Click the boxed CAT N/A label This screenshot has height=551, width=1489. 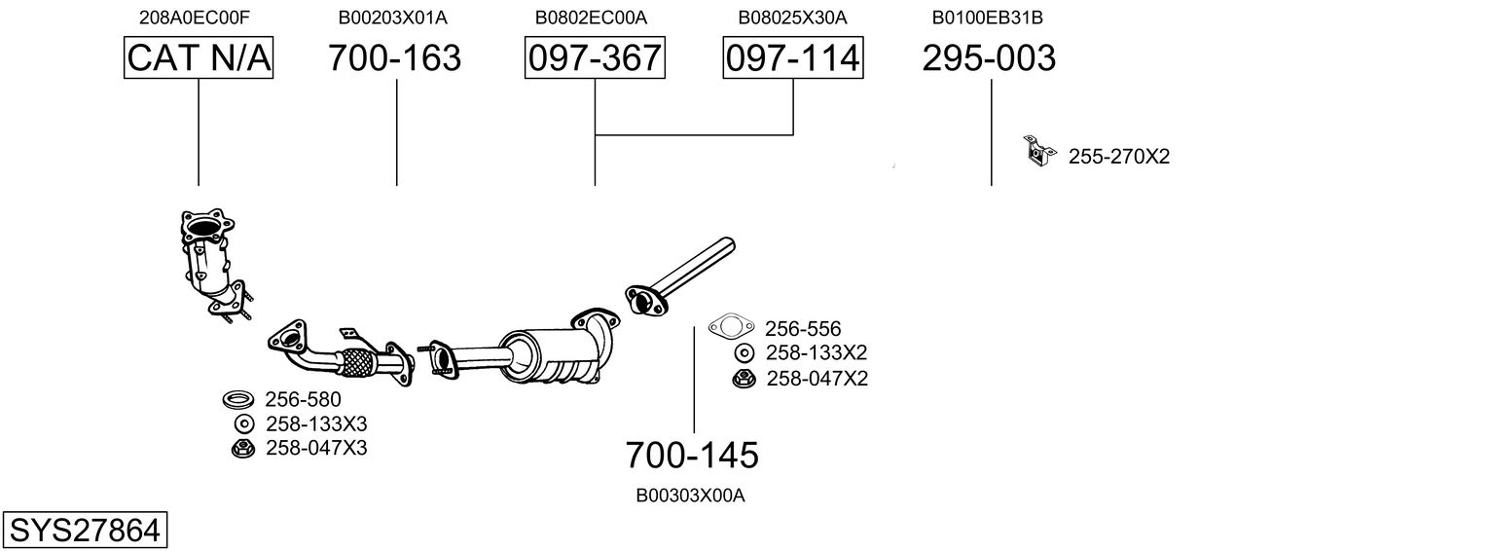coord(199,58)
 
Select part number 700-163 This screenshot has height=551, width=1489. coord(394,58)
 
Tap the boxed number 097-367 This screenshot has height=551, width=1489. coord(594,58)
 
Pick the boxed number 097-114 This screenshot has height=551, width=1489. coord(792,58)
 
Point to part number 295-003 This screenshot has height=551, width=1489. coord(989,58)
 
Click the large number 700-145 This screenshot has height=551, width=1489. coord(691,455)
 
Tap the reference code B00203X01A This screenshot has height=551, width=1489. coord(393,18)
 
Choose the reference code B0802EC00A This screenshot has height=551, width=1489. coord(591,18)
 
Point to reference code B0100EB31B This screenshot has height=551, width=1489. coord(988,18)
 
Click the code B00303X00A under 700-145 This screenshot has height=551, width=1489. coord(690,496)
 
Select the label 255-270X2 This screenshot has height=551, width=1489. coord(1119,157)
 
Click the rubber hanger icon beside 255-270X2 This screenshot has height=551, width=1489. coord(1038,151)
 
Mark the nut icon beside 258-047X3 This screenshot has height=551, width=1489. coord(243,448)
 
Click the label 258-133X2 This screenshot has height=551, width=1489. coord(817,352)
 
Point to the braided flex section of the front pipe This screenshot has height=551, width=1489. coord(357,363)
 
